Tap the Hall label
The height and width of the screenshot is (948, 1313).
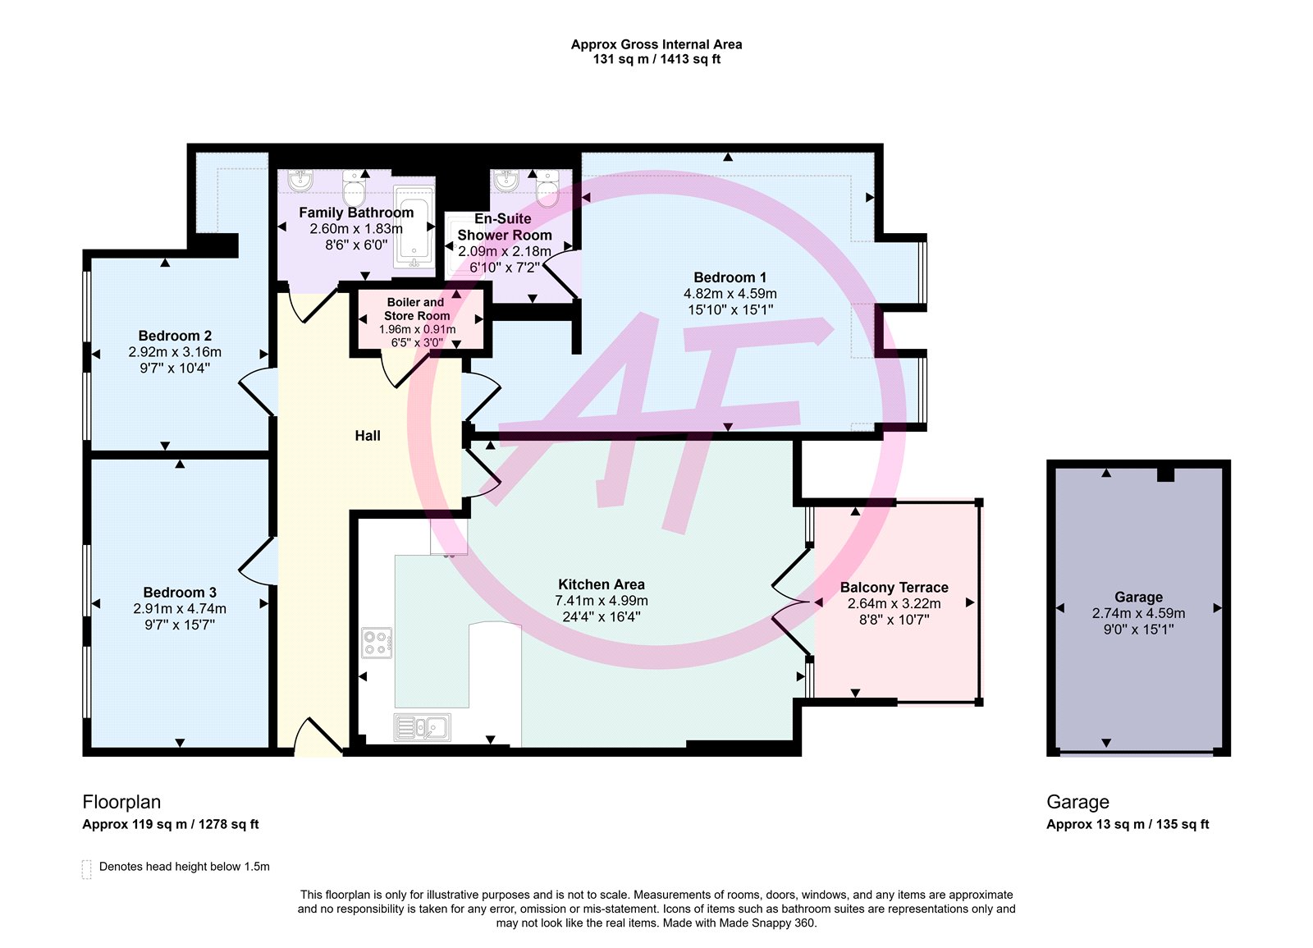pyautogui.click(x=368, y=436)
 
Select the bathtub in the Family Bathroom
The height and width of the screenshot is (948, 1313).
pyautogui.click(x=414, y=226)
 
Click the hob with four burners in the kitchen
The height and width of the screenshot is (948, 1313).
pyautogui.click(x=377, y=643)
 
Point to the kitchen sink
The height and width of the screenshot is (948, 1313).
pyautogui.click(x=422, y=727)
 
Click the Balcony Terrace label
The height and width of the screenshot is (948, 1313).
pyautogui.click(x=894, y=588)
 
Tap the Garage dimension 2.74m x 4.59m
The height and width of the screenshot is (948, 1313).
pyautogui.click(x=1138, y=613)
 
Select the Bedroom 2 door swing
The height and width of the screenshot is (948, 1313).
pyautogui.click(x=257, y=392)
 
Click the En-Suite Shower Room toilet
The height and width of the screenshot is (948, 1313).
pyautogui.click(x=547, y=188)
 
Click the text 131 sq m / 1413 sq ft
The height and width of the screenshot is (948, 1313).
pyautogui.click(x=656, y=59)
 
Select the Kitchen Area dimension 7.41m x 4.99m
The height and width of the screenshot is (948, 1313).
pyautogui.click(x=602, y=601)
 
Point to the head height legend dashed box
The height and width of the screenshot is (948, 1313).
pyautogui.click(x=87, y=869)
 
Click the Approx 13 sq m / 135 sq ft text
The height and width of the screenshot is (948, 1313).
pyautogui.click(x=1128, y=824)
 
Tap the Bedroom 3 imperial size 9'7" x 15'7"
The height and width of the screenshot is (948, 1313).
pyautogui.click(x=180, y=625)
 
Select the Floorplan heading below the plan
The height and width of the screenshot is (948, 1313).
pyautogui.click(x=121, y=801)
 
